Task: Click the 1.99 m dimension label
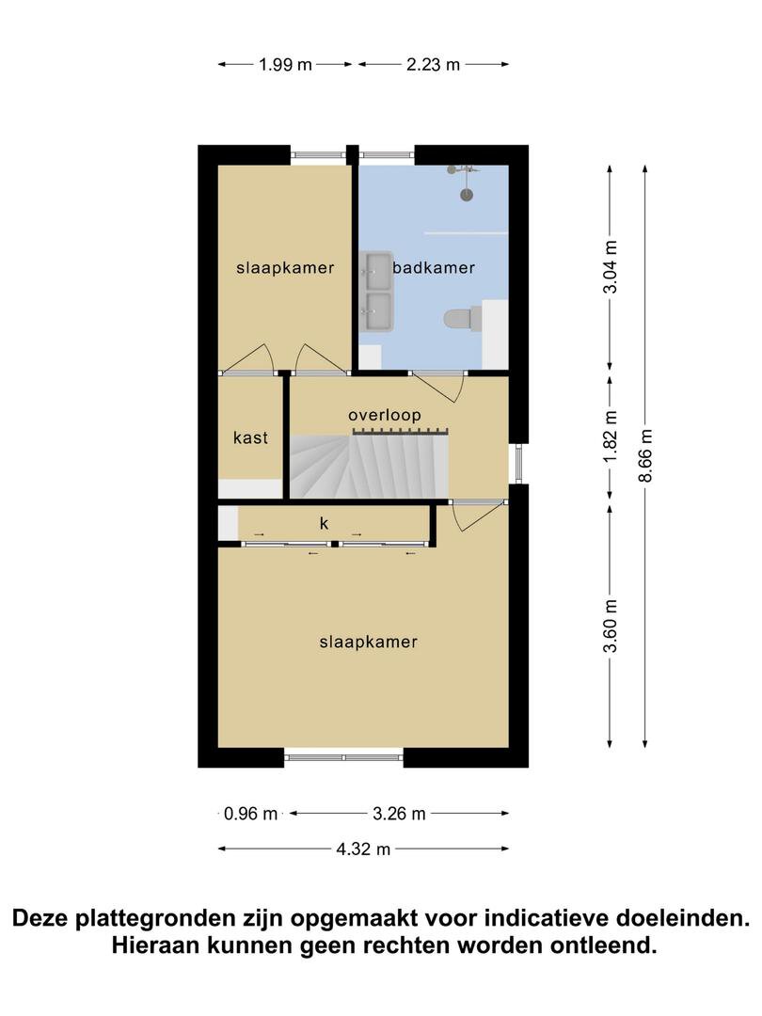[x=285, y=65]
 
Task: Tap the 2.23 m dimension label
[x=433, y=65]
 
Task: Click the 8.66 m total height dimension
[x=645, y=456]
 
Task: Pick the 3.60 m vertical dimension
[x=610, y=627]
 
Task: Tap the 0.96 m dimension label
[x=250, y=814]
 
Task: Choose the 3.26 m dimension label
[x=399, y=814]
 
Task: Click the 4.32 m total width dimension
[x=363, y=849]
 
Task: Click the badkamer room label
[x=434, y=267]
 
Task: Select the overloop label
[x=384, y=415]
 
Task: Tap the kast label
[x=250, y=438]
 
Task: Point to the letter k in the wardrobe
[x=324, y=524]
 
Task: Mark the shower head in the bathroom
[x=466, y=195]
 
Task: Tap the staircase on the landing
[x=368, y=466]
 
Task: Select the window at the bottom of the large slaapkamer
[x=343, y=757]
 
